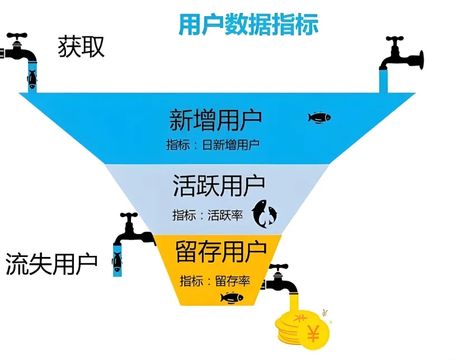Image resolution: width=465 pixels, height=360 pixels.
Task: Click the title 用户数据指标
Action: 248,25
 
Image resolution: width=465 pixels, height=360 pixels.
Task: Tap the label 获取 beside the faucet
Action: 82,48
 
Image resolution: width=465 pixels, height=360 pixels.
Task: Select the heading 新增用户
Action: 215,120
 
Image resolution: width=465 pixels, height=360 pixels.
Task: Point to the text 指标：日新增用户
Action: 213,144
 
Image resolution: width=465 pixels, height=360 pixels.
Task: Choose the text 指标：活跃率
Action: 207,215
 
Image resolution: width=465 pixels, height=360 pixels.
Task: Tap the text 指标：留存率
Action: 214,280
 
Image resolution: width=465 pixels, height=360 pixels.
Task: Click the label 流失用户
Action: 51,263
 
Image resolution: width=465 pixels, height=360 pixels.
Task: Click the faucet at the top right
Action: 402,54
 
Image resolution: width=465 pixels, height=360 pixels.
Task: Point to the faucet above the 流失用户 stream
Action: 133,230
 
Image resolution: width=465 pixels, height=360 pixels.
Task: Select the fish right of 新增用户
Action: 320,117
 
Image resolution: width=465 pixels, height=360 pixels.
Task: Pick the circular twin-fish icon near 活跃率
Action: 264,214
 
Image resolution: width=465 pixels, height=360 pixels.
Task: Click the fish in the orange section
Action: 232,297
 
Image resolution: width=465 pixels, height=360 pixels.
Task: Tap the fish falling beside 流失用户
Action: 117,261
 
